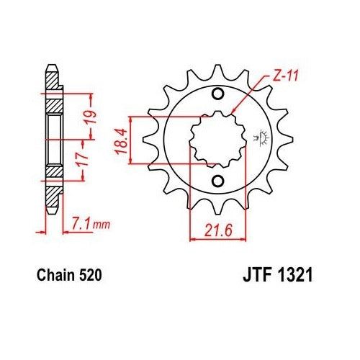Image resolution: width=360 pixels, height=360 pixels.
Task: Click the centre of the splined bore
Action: coord(217,137)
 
